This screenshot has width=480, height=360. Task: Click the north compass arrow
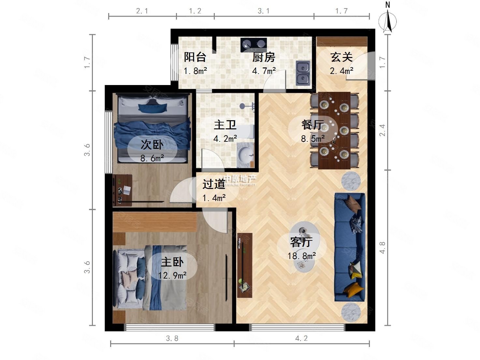click(x=387, y=20)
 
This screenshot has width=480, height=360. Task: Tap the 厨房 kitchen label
click(x=264, y=57)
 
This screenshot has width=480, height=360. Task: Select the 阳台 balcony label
click(x=195, y=57)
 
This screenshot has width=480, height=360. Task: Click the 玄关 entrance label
click(x=341, y=57)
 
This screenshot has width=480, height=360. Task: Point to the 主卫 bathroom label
click(x=225, y=125)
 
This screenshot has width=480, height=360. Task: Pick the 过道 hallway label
click(x=214, y=184)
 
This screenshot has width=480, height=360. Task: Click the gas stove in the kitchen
click(x=254, y=45)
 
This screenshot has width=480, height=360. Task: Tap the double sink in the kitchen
click(x=303, y=73)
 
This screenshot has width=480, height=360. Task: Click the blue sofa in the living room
click(x=350, y=247)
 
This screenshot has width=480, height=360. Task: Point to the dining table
click(x=334, y=130)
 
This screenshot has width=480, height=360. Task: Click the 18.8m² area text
click(x=301, y=256)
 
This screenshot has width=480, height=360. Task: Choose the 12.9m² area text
click(x=172, y=276)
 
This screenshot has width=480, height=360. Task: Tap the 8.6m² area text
click(x=152, y=159)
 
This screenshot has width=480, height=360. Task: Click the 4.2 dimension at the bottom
click(x=301, y=338)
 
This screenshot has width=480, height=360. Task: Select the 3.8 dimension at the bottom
click(x=172, y=338)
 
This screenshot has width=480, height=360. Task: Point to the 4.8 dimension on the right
click(x=382, y=247)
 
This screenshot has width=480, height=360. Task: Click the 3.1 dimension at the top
click(x=264, y=11)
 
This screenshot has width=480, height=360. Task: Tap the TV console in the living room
click(x=244, y=265)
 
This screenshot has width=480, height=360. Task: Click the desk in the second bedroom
click(x=123, y=190)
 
